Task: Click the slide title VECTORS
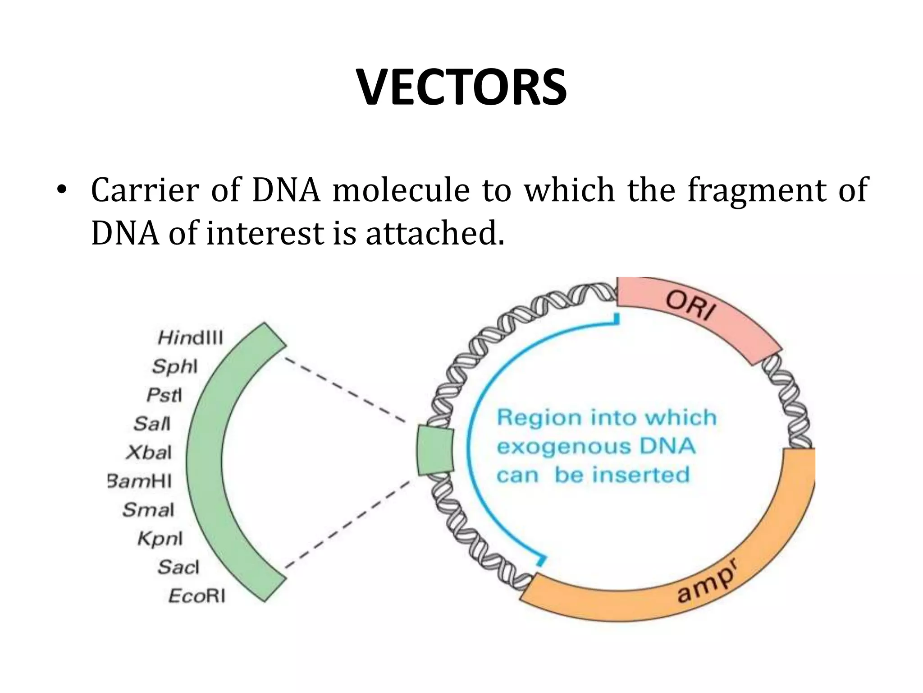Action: pos(461,88)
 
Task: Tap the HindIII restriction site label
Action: pos(190,337)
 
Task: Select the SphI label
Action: pos(175,366)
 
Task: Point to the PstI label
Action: pos(164,395)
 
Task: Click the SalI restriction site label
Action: pos(152,424)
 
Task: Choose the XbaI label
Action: pos(149,453)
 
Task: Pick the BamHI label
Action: pos(140,481)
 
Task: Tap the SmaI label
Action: pos(148,510)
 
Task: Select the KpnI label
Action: pos(160,539)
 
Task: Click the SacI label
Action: pos(178,567)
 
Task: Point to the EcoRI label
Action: pos(197,596)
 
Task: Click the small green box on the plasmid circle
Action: pos(435,450)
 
